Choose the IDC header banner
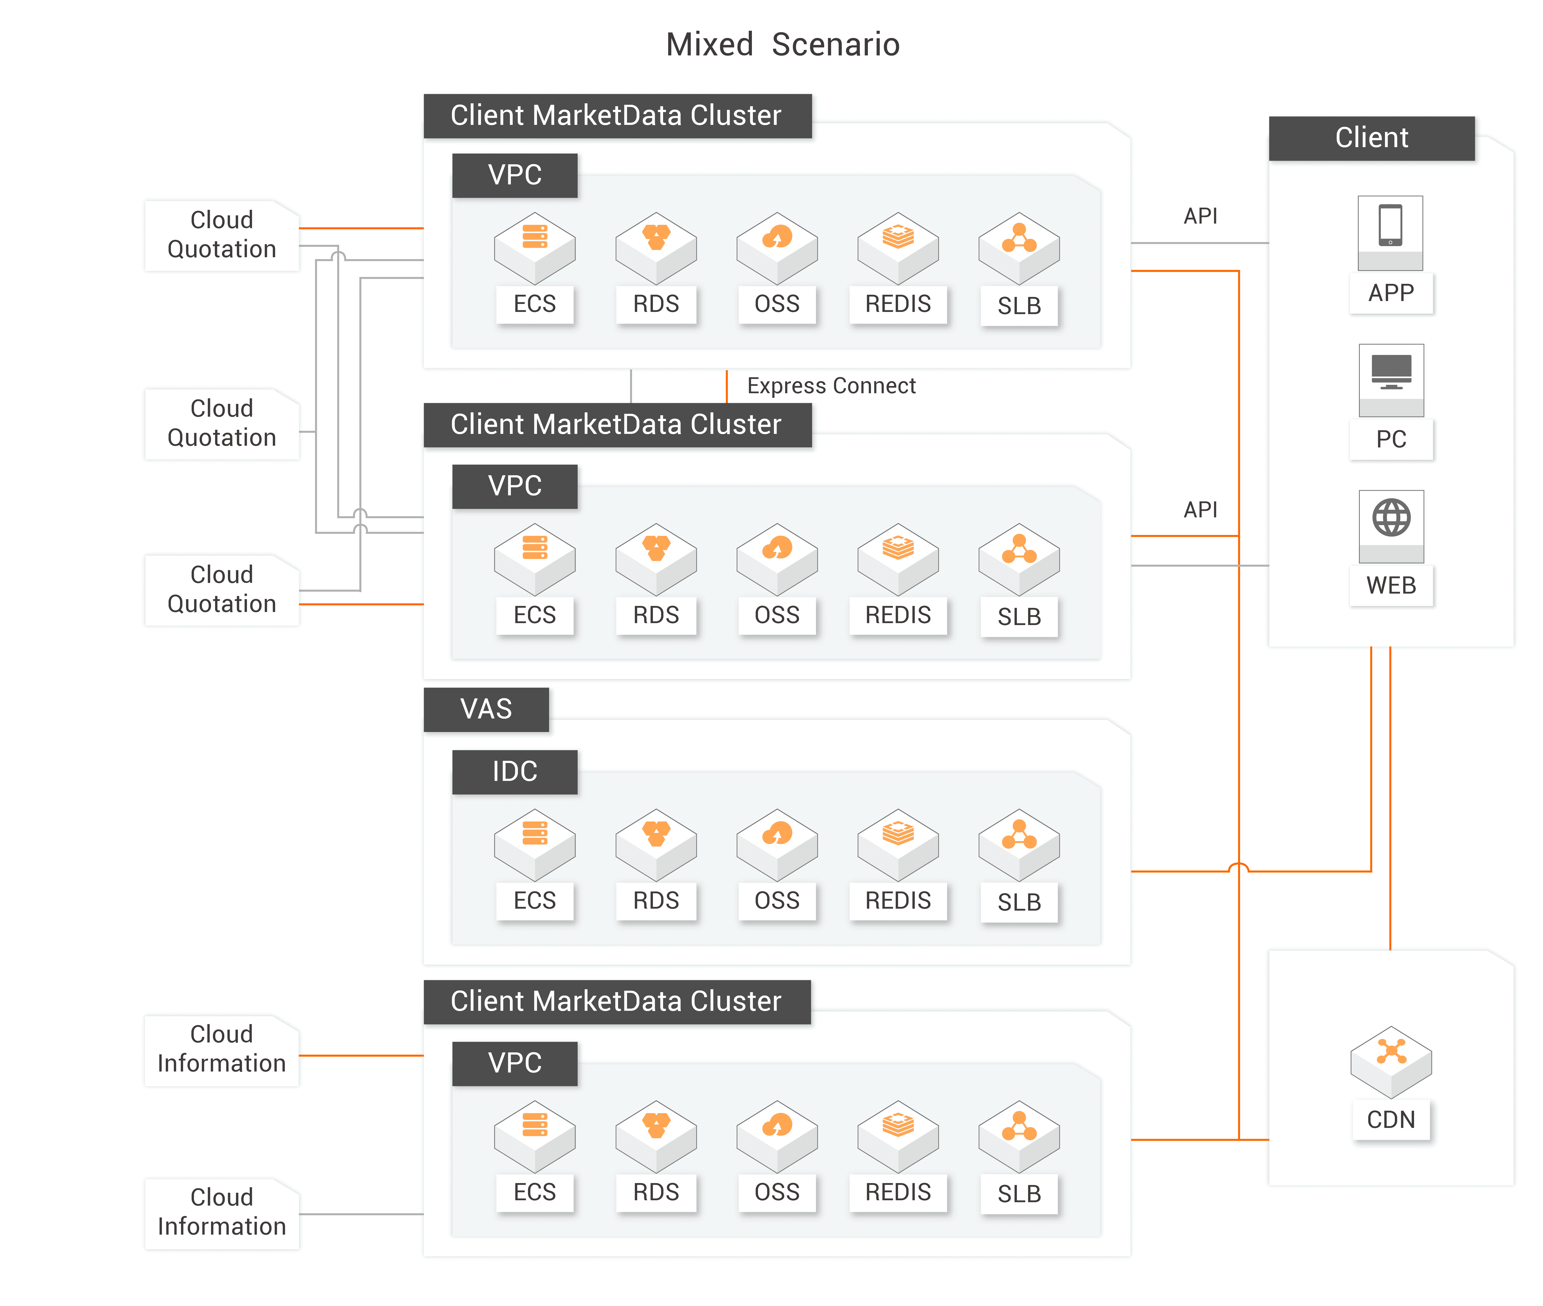click(x=514, y=771)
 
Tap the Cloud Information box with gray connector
click(x=221, y=1212)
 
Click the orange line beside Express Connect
click(x=726, y=386)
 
